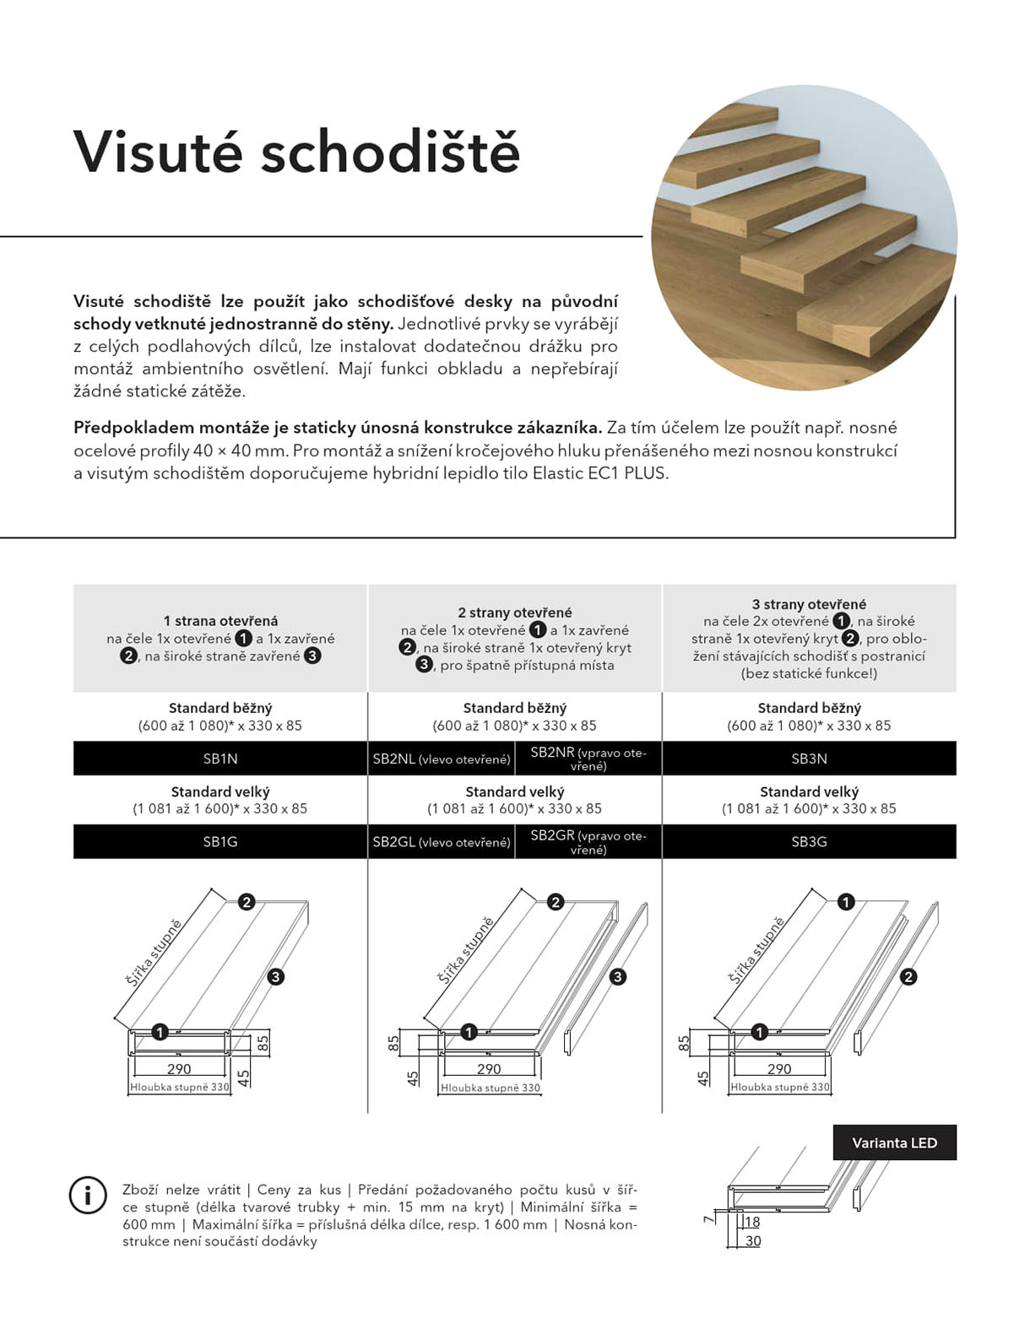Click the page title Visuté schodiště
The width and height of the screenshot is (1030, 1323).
tap(296, 152)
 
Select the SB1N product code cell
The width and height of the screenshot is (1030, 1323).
tap(220, 759)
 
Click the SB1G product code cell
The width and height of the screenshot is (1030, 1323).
tap(220, 841)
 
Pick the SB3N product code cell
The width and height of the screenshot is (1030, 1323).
tap(809, 759)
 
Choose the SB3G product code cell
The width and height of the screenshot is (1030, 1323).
tap(809, 841)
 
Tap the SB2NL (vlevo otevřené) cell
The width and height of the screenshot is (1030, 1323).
tap(442, 759)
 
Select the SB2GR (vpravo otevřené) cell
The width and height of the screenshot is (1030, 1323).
tap(588, 841)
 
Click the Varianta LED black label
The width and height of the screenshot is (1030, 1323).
tap(894, 1142)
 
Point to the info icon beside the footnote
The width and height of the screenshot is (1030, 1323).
tap(88, 1195)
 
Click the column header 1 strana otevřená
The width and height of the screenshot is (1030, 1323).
tap(220, 621)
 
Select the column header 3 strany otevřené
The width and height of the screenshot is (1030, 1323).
tap(809, 604)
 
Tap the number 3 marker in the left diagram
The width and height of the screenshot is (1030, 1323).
tap(275, 977)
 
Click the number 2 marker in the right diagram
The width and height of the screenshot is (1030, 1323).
tap(908, 977)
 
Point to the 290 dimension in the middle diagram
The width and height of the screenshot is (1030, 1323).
tap(489, 1069)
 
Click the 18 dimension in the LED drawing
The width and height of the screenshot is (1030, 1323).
tap(752, 1222)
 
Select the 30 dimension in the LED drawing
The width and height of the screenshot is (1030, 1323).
tap(752, 1241)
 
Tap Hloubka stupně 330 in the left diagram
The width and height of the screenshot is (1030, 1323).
tap(180, 1088)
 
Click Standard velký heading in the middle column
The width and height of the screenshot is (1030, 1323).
tap(514, 791)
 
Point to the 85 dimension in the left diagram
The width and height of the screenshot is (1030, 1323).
tap(263, 1043)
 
